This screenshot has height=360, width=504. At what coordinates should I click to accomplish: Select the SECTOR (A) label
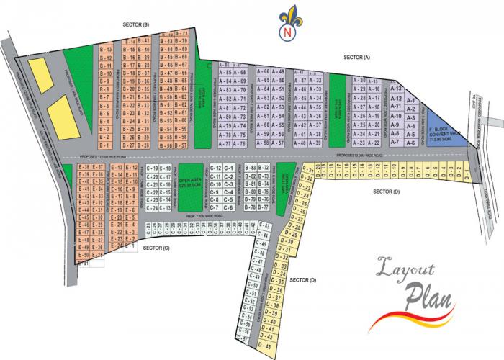click(x=357, y=57)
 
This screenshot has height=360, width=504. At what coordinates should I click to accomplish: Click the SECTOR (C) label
click(x=156, y=248)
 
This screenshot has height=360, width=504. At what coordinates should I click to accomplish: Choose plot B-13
click(x=105, y=49)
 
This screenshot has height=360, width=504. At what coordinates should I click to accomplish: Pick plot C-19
click(x=152, y=168)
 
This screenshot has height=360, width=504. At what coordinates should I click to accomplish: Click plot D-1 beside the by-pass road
click(x=467, y=173)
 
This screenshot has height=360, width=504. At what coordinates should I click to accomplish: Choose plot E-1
click(x=130, y=246)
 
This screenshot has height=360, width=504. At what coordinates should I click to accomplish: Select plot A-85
click(x=225, y=73)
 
